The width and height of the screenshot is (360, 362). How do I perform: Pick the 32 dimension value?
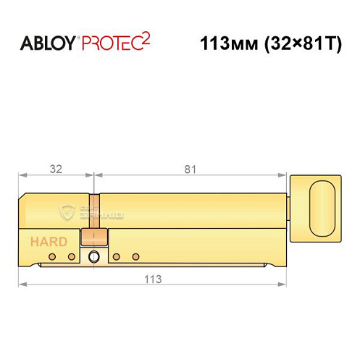[56, 169]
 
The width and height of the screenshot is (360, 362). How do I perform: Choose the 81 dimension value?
[191, 169]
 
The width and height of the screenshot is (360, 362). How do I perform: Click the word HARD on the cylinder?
[49, 242]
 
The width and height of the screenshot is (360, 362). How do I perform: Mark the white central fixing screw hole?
[93, 257]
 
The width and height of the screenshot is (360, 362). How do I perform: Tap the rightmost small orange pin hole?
[135, 256]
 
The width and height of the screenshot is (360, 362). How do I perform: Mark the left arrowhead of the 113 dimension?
[22, 287]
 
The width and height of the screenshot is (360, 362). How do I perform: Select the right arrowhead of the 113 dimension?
[283, 287]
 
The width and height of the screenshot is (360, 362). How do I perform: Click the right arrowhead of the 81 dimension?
[283, 175]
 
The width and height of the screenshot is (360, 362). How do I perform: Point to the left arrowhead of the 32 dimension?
[22, 175]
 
